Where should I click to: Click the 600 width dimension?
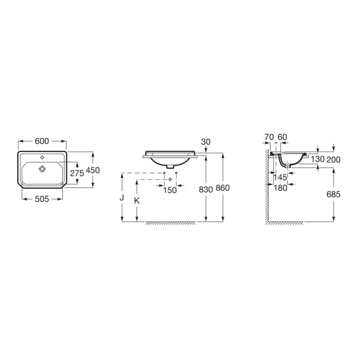click(x=42, y=141)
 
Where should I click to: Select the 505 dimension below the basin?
click(x=42, y=199)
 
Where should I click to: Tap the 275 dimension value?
click(x=77, y=173)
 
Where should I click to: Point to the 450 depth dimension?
click(x=93, y=170)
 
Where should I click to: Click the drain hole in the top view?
click(x=42, y=169)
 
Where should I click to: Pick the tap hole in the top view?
click(x=42, y=158)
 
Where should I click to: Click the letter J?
click(x=122, y=198)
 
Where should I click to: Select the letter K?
click(x=137, y=200)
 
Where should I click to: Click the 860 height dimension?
click(x=223, y=188)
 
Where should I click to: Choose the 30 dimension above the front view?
click(x=206, y=142)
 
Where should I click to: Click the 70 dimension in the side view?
click(x=269, y=136)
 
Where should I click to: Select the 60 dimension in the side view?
click(x=282, y=136)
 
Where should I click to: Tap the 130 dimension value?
click(x=317, y=159)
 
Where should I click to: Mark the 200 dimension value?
click(x=333, y=159)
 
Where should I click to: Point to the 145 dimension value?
click(x=280, y=177)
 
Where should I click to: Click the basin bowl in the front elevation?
click(x=169, y=160)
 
